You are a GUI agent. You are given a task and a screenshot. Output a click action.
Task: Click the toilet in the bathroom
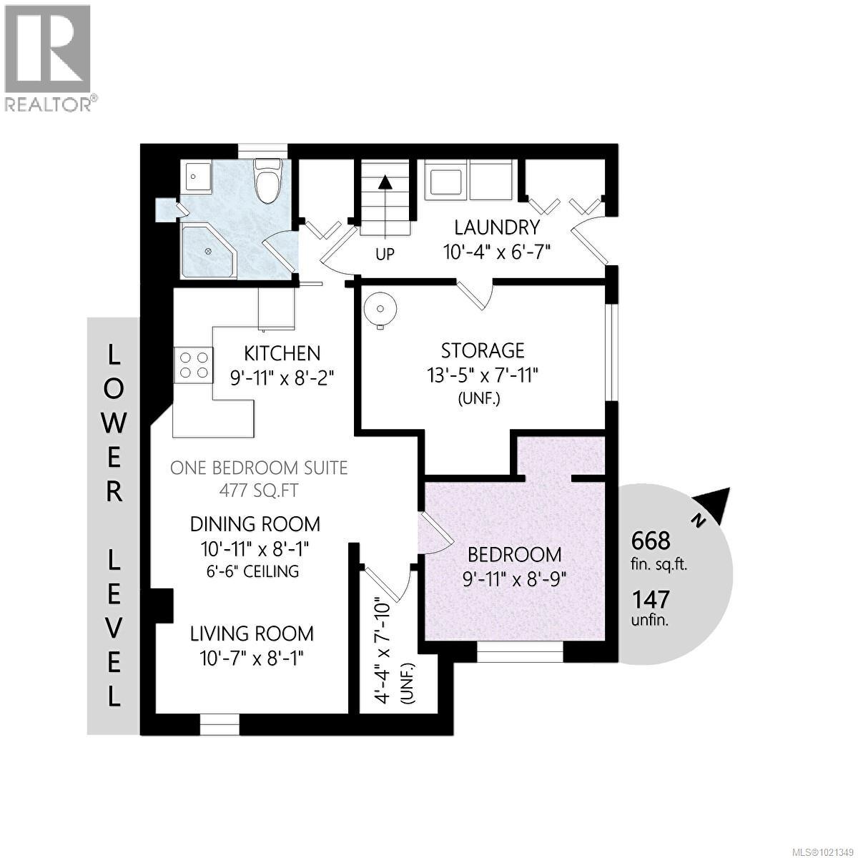[267, 181]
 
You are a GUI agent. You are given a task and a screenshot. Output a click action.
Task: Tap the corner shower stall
[209, 251]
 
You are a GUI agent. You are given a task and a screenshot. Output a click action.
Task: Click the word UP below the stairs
[385, 255]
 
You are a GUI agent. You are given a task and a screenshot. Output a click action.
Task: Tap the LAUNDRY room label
[497, 227]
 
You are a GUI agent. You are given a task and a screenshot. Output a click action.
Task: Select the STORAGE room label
[483, 351]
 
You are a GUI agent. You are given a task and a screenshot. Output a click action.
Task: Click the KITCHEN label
[282, 353]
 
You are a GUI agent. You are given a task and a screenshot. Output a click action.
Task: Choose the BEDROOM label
[514, 555]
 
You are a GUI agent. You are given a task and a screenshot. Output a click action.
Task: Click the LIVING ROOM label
[252, 633]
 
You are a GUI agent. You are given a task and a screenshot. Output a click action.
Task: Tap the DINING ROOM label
[255, 524]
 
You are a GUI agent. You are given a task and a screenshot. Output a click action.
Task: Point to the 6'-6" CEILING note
[252, 571]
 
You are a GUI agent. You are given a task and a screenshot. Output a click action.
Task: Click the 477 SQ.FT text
[259, 490]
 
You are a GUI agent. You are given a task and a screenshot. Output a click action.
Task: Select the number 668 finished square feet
[651, 541]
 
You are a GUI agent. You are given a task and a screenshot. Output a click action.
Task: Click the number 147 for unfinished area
[651, 599]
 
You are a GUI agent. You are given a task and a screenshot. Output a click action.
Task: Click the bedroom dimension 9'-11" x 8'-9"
[514, 580]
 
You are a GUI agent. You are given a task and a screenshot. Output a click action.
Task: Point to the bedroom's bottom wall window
[520, 652]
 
